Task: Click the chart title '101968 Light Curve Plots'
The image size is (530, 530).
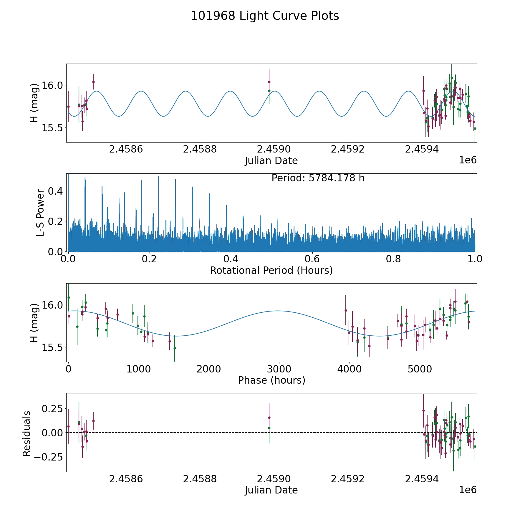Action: (x=265, y=16)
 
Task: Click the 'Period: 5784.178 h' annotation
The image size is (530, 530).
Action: (x=318, y=178)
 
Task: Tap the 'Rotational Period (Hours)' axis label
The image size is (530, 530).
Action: (x=271, y=270)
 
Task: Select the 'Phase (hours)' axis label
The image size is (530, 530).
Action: (x=271, y=380)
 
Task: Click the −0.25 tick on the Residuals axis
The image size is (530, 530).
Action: (x=48, y=457)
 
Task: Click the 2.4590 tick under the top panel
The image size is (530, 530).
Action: (x=274, y=149)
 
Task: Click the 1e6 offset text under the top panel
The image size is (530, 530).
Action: (x=468, y=160)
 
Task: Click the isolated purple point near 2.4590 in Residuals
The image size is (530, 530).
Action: (x=269, y=418)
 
